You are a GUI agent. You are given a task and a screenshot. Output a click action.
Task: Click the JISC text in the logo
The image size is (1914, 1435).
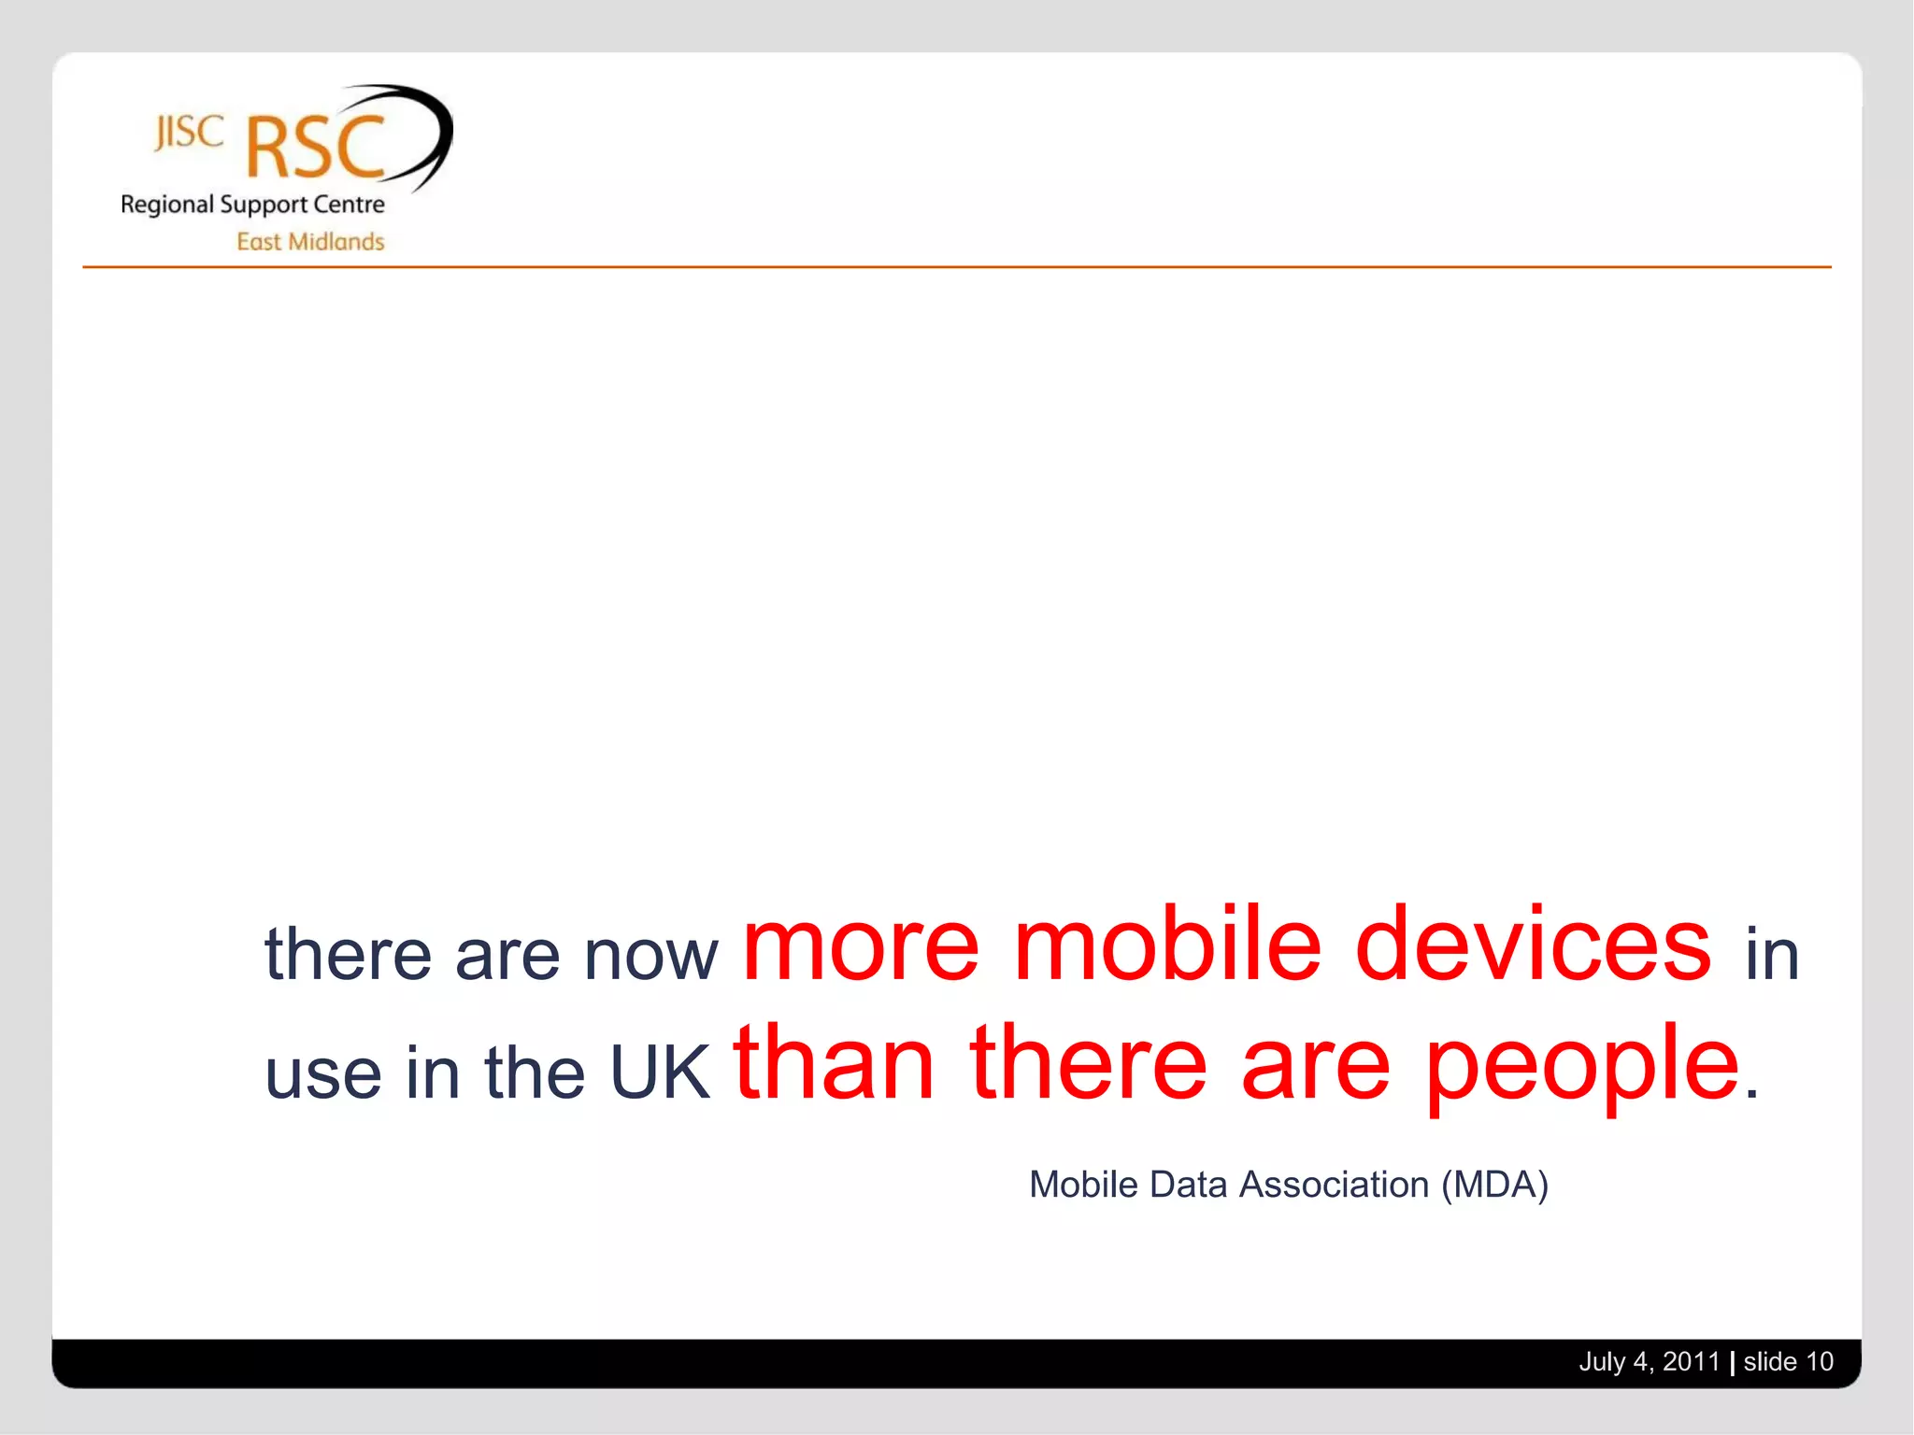(x=190, y=134)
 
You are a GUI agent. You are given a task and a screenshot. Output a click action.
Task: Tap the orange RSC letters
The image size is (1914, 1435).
(x=316, y=148)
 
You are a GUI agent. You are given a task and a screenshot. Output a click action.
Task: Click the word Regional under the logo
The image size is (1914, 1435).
(x=167, y=206)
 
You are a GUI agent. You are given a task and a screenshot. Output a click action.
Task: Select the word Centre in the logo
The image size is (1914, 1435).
(x=349, y=205)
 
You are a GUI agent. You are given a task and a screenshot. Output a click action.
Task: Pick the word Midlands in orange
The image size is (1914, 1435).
(x=336, y=242)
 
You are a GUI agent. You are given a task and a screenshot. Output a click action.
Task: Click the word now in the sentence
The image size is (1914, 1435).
(x=650, y=957)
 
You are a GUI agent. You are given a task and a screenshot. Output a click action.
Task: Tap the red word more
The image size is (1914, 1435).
(x=860, y=945)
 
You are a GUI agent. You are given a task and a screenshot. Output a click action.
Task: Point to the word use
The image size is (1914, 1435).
(x=323, y=1074)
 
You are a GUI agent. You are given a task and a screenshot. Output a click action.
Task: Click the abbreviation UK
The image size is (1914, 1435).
(x=659, y=1073)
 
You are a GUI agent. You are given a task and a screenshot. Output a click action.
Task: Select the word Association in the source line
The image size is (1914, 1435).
(x=1334, y=1185)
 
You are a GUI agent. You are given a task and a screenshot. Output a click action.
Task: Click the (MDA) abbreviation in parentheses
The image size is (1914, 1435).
(x=1494, y=1185)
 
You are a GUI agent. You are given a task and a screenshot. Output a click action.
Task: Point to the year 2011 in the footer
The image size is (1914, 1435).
(x=1691, y=1361)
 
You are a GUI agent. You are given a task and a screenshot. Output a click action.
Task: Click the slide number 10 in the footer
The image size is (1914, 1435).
(x=1819, y=1361)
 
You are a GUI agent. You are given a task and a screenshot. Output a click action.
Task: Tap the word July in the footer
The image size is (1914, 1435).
(x=1602, y=1362)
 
